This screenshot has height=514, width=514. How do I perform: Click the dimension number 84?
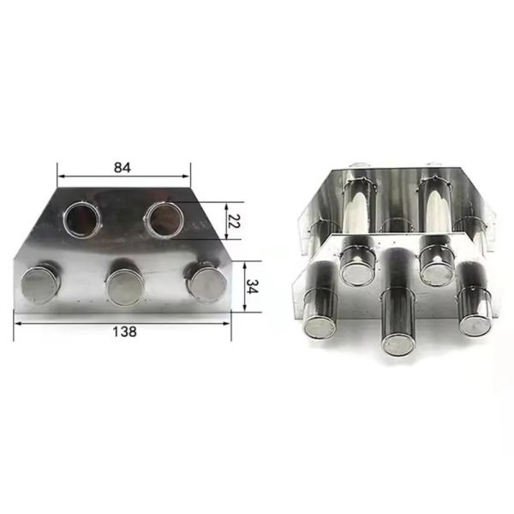pyautogui.click(x=122, y=168)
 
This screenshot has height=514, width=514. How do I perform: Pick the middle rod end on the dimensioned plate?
pyautogui.click(x=124, y=284)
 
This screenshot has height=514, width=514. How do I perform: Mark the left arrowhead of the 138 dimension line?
pyautogui.click(x=17, y=319)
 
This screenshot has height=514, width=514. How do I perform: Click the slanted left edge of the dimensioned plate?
pyautogui.click(x=35, y=225)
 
